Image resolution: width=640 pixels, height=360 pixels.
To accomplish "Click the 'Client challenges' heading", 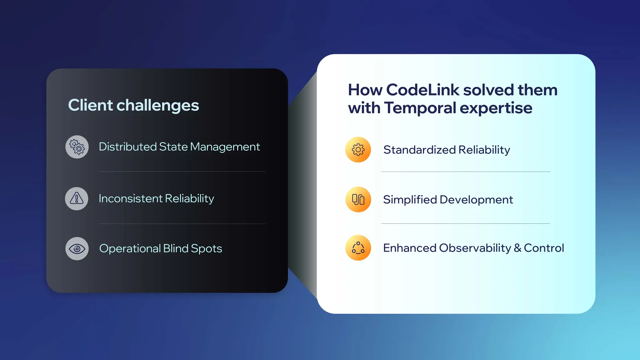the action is click(133, 105).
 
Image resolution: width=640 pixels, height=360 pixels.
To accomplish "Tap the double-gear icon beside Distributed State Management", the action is click(77, 147).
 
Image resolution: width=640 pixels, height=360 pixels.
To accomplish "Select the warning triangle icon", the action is click(77, 198).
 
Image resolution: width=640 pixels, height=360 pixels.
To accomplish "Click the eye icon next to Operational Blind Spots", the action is click(77, 249).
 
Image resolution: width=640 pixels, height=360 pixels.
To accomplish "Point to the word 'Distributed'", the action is click(128, 147).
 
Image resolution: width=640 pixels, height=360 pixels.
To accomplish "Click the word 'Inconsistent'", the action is click(131, 198).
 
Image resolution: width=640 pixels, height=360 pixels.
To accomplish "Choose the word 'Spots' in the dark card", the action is click(206, 249).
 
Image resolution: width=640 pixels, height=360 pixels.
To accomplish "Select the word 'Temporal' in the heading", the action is click(420, 108).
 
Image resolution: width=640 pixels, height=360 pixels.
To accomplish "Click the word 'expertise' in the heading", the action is click(496, 108).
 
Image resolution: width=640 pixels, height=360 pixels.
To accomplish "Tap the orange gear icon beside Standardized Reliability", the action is click(358, 150).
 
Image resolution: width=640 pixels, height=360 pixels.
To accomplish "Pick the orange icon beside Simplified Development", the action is click(358, 199).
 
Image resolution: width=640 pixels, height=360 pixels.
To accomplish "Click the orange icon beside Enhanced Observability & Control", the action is click(358, 248).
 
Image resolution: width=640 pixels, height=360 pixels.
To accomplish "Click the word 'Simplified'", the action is click(410, 200).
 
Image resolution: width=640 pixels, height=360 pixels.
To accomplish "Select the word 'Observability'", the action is click(475, 248).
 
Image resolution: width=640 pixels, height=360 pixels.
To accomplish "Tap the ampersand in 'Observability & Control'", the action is click(517, 248).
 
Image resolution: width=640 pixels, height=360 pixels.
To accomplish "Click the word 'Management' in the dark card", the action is click(225, 147).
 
